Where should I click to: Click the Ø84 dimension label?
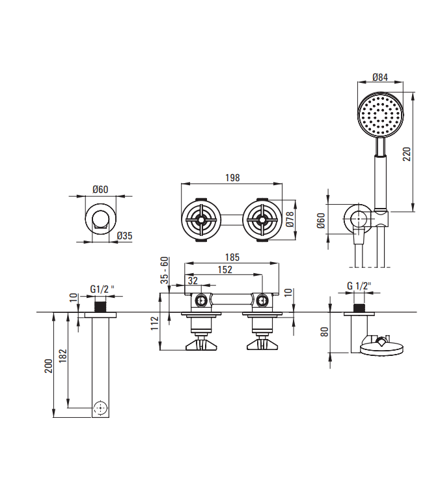pos(380,77)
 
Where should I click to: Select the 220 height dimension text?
pos(407,154)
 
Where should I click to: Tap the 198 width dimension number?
pos(232,178)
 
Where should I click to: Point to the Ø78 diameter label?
pos(290,219)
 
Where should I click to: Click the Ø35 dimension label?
pos(124,236)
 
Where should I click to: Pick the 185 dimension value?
pos(232,257)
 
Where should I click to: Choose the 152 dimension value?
pos(225,270)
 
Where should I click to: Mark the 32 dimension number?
pos(193,280)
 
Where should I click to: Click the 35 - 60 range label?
pos(165,271)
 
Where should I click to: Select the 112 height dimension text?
pos(154,323)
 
